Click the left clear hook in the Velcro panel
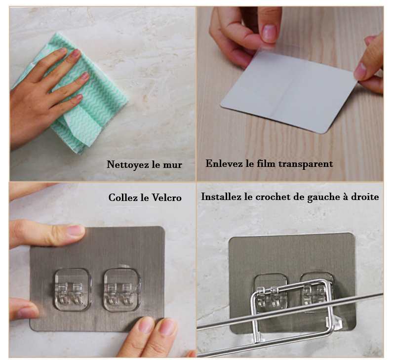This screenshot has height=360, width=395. (x=72, y=289)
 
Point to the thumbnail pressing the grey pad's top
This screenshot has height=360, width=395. (x=76, y=230)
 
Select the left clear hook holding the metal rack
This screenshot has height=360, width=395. (x=270, y=293)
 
